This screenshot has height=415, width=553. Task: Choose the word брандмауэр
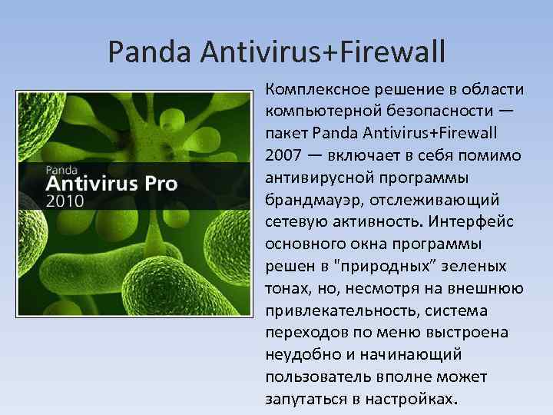(316, 200)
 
